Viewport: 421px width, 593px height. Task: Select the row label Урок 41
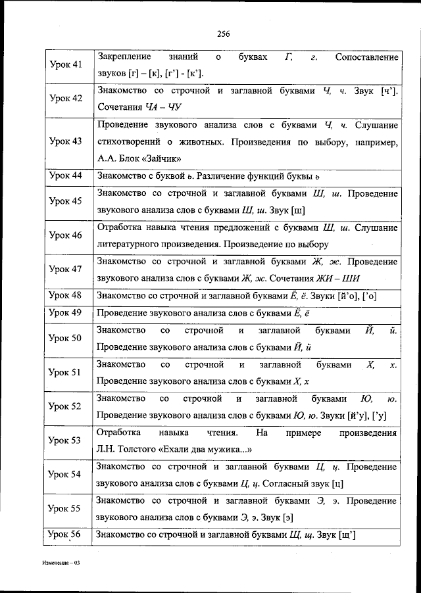click(x=66, y=64)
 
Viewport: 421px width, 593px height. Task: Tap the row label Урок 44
click(x=66, y=176)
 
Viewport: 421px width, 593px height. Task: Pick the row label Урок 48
click(x=66, y=295)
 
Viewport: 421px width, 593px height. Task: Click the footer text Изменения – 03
click(x=58, y=564)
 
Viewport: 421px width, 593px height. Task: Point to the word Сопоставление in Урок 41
click(x=366, y=57)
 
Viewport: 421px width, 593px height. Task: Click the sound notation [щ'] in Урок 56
click(x=347, y=535)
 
